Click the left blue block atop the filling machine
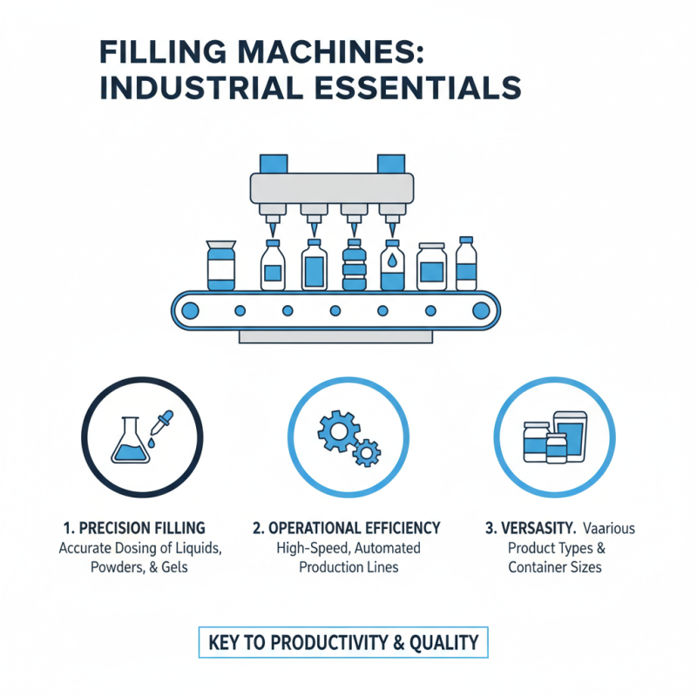[274, 163]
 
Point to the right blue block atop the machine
[391, 163]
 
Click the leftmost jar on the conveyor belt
[220, 266]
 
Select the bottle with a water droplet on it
[393, 265]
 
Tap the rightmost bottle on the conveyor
[467, 263]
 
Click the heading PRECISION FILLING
[134, 528]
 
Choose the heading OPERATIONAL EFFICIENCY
[346, 528]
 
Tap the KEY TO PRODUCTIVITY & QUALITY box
[343, 643]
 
